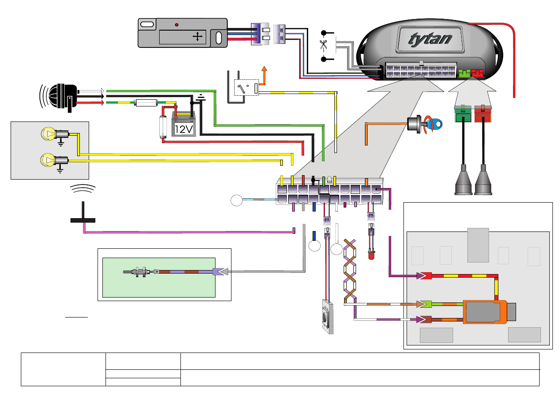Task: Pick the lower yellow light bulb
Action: [x=47, y=159]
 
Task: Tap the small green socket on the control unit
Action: [x=465, y=73]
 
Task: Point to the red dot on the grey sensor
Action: [x=177, y=24]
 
